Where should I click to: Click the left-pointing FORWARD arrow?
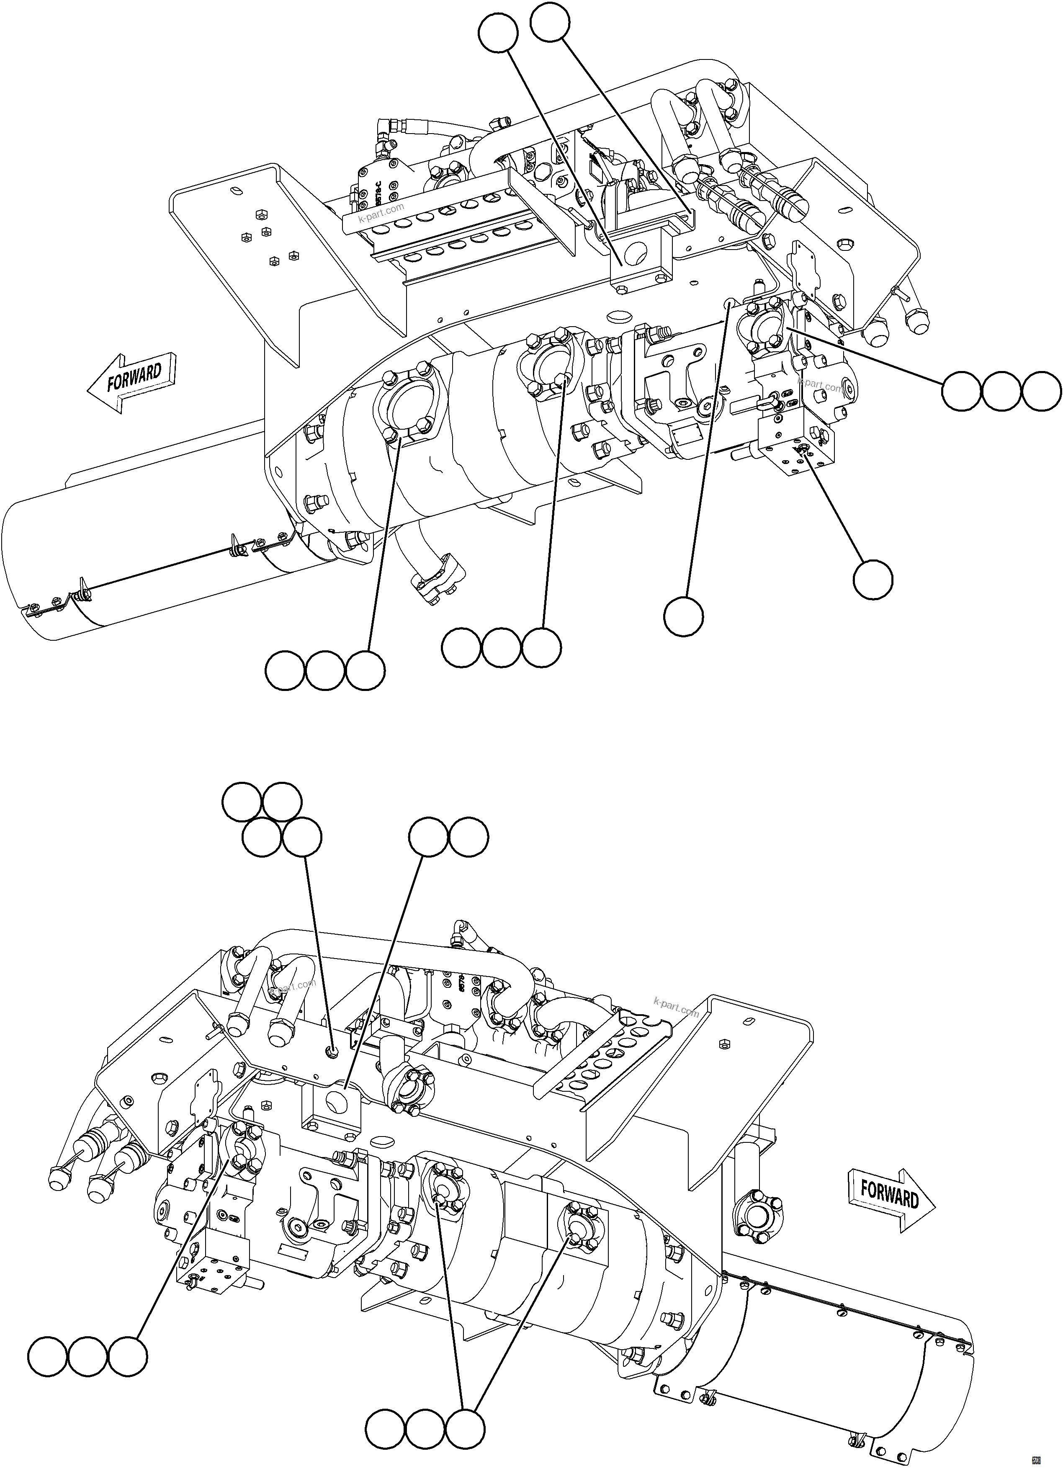[x=133, y=382]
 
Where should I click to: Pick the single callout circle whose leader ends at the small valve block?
[x=873, y=581]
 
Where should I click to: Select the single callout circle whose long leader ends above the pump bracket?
[x=684, y=616]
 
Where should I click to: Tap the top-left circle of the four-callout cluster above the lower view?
[x=242, y=802]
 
